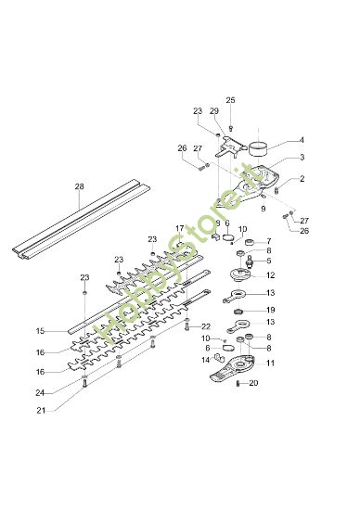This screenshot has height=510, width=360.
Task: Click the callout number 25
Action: [231, 99]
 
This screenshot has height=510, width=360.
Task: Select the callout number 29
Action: [214, 111]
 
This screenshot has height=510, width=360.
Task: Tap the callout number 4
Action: [301, 140]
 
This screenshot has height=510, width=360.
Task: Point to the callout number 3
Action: [301, 159]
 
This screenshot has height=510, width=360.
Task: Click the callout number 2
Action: [301, 178]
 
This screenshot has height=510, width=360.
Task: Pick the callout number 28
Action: [79, 185]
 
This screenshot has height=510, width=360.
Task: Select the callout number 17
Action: [179, 227]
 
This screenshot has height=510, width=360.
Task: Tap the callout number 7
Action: [269, 241]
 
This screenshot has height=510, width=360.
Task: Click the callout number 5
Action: [269, 261]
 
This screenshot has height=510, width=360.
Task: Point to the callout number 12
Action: [270, 275]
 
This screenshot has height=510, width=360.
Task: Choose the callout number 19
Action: [270, 310]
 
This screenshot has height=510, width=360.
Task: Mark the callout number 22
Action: [206, 326]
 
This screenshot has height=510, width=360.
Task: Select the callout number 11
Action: [270, 364]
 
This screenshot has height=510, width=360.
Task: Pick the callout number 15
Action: [40, 331]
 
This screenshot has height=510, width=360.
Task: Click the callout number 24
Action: [40, 392]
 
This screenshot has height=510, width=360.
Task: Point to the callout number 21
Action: [40, 410]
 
